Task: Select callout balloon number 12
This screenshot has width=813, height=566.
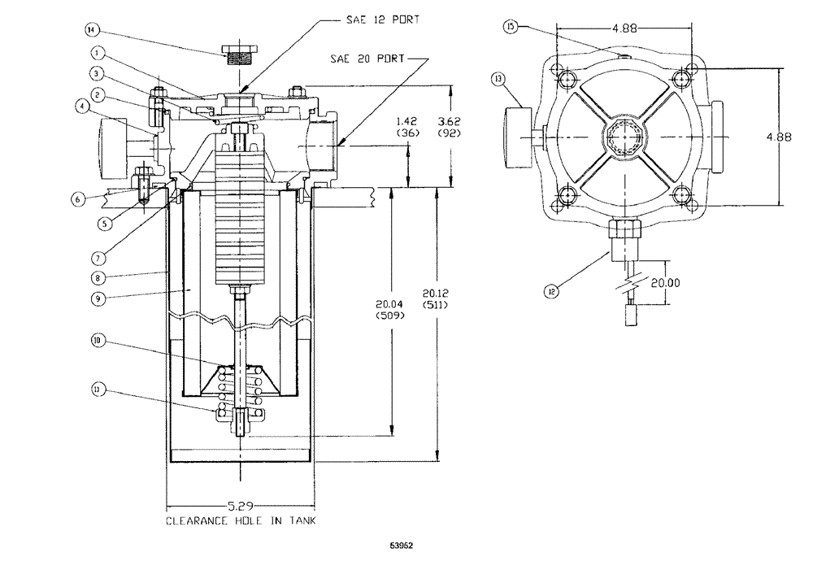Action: click(553, 289)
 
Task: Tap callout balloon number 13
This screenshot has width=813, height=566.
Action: click(498, 79)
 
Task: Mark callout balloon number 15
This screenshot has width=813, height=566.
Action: click(511, 27)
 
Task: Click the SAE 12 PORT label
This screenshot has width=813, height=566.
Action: click(385, 19)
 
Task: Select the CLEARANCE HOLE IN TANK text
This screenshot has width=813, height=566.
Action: click(241, 519)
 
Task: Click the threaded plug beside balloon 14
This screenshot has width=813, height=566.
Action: click(239, 54)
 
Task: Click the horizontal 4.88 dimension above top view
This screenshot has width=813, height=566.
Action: click(624, 28)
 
